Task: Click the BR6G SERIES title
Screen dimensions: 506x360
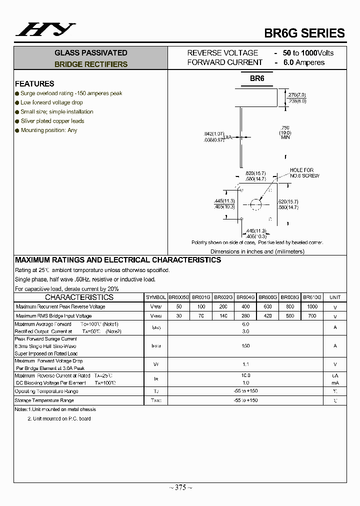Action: [304, 33]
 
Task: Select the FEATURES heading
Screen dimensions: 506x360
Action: [34, 83]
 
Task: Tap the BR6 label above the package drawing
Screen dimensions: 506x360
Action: [257, 78]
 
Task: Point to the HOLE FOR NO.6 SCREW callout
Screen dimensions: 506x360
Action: [304, 173]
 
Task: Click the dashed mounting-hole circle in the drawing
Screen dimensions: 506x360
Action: [256, 204]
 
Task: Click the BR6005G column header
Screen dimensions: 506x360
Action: [179, 297]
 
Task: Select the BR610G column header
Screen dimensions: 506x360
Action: [312, 297]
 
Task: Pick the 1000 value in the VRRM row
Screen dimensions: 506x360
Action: [312, 306]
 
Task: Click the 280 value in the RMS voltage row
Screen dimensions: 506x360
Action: [245, 316]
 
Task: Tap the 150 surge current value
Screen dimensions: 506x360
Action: [245, 346]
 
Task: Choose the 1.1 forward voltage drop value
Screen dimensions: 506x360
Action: [245, 364]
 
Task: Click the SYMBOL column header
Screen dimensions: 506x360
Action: [156, 297]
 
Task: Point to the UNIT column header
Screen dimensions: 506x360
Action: [335, 297]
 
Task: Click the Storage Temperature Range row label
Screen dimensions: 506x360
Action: [44, 400]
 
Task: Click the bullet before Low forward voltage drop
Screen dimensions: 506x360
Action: [17, 102]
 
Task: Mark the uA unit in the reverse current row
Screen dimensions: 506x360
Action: [335, 375]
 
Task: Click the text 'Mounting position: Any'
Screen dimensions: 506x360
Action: [49, 130]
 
